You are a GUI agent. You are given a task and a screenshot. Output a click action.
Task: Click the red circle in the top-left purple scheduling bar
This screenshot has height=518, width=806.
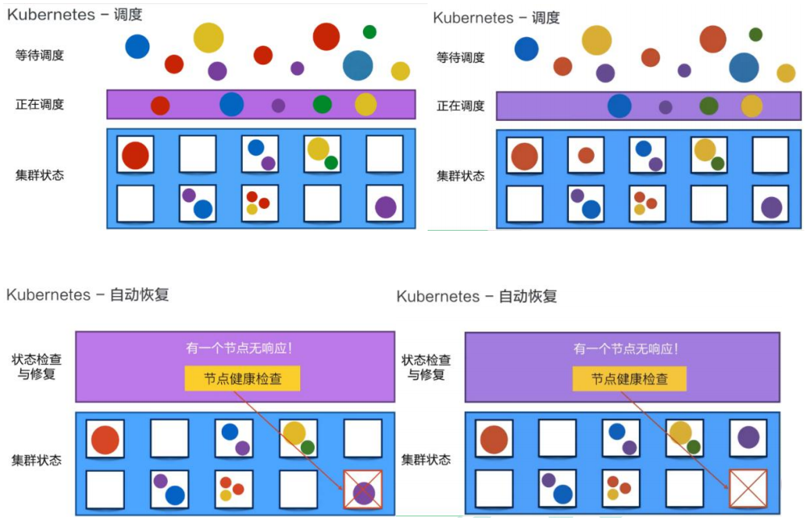tap(160, 106)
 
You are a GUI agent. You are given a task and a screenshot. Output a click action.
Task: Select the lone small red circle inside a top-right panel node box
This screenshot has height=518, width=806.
tap(586, 155)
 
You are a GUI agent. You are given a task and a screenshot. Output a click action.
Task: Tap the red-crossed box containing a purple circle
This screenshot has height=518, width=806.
tap(363, 490)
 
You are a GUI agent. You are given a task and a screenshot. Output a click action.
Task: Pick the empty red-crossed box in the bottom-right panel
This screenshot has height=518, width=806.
tap(748, 489)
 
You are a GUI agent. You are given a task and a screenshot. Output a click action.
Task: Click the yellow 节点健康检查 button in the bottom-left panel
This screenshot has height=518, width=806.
tap(242, 378)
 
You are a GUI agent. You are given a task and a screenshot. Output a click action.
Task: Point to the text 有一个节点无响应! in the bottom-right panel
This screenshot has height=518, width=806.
tap(625, 349)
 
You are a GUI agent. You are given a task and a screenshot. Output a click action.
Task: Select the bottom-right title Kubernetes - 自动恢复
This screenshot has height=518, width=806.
tap(476, 296)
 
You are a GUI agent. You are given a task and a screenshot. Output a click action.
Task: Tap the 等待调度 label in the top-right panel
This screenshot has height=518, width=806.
tap(460, 57)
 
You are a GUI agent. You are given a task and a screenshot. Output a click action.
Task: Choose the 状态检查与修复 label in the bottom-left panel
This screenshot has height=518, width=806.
tap(36, 366)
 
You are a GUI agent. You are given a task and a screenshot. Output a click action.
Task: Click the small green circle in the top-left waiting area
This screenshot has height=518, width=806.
tap(370, 31)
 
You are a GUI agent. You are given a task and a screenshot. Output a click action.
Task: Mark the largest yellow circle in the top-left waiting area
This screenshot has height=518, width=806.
tap(208, 38)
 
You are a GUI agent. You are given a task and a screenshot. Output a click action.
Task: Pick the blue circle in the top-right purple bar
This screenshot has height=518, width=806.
tap(619, 107)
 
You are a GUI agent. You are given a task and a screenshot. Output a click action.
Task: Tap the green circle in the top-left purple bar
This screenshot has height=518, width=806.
tap(322, 104)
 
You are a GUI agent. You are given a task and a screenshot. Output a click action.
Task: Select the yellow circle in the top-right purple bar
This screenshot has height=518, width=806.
tap(751, 107)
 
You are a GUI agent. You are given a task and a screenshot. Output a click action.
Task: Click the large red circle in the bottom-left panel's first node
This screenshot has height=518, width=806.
tap(105, 440)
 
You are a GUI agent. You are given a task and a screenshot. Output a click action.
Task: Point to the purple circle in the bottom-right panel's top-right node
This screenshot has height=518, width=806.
tap(748, 437)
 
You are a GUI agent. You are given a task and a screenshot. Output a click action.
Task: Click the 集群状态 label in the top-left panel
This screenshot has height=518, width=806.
tap(39, 175)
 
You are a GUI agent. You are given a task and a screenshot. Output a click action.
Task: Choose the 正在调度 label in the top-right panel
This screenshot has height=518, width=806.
tap(460, 106)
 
